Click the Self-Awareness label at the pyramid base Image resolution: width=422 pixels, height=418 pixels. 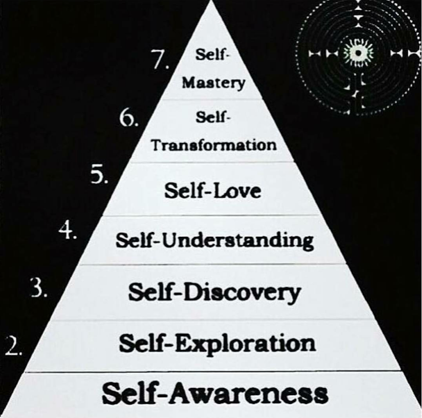pos(215,393)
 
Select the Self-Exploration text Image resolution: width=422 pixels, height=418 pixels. pos(217,343)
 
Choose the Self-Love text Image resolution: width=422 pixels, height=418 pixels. pos(212,191)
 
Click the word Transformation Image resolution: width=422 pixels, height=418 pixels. pos(214,144)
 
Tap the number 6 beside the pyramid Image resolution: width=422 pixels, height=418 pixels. pos(128,118)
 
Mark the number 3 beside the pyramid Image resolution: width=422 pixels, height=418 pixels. pos(38,288)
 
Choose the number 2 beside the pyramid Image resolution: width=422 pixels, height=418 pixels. pos(13,347)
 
